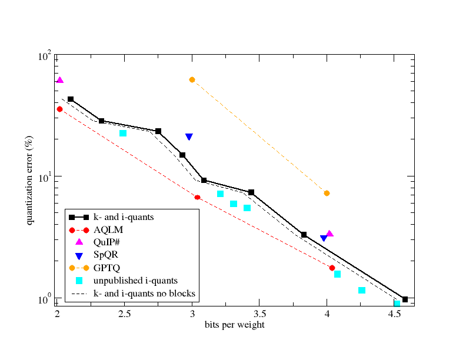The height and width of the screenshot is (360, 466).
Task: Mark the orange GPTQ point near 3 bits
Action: pyautogui.click(x=192, y=79)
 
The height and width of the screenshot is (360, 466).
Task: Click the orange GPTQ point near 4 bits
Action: pyautogui.click(x=327, y=193)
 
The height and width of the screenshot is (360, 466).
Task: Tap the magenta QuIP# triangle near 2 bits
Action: pyautogui.click(x=59, y=80)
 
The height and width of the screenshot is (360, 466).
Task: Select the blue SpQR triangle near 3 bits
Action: pyautogui.click(x=189, y=136)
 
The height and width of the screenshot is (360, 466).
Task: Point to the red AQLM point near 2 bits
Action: pyautogui.click(x=59, y=109)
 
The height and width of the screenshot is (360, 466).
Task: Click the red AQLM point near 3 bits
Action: pyautogui.click(x=198, y=197)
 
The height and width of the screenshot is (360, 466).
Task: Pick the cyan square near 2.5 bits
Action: pyautogui.click(x=123, y=134)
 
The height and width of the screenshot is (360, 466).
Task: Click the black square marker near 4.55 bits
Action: pyautogui.click(x=405, y=299)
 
